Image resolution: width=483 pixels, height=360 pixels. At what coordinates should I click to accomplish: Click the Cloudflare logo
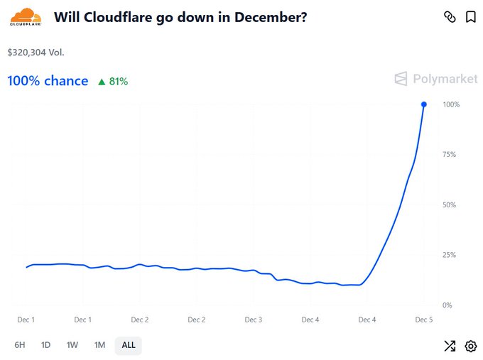coord(26,16)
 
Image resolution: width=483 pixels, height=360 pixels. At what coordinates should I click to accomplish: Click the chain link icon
coord(449,17)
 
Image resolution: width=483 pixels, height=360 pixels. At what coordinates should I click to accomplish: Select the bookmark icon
coord(470,17)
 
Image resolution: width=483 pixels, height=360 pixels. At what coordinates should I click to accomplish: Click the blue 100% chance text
coord(48,81)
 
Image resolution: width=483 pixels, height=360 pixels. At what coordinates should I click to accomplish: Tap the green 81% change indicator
coord(113,82)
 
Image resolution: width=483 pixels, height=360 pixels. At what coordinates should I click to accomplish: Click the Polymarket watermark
coord(436,78)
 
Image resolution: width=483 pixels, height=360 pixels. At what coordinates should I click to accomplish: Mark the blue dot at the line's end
coord(424,104)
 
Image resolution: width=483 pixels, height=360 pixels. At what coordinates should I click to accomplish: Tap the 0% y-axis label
coord(447,305)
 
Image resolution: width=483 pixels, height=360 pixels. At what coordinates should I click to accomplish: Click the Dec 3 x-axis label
coord(254,320)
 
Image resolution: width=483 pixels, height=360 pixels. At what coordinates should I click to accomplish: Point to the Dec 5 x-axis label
coord(424,320)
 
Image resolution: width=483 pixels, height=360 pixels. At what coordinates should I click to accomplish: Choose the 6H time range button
coord(20,345)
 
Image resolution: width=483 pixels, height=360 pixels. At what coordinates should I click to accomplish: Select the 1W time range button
coord(72,345)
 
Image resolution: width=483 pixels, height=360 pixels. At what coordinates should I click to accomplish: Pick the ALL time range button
coord(129,345)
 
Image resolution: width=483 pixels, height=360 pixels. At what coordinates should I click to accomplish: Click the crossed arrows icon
coord(450,347)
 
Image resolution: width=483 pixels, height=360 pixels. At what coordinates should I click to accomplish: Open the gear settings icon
coord(470,347)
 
